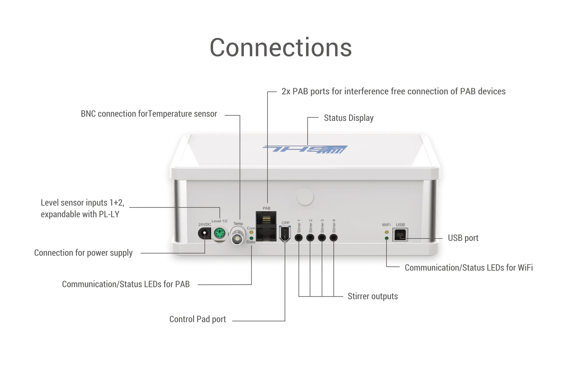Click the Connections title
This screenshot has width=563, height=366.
click(281, 48)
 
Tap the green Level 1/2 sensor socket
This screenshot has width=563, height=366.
click(219, 234)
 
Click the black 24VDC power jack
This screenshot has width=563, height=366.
click(204, 234)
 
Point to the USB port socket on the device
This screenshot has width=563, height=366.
click(400, 235)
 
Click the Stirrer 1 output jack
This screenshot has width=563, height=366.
click(299, 237)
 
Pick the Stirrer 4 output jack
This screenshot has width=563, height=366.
click(334, 237)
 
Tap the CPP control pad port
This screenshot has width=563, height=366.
click(285, 234)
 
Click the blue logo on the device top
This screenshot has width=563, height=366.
click(305, 149)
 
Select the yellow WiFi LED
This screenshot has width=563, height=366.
click(386, 232)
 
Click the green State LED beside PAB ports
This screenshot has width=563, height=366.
click(251, 238)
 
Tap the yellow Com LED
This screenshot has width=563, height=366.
click(251, 232)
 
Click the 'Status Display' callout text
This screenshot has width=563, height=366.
click(349, 118)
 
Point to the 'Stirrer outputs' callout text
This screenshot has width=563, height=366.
click(373, 296)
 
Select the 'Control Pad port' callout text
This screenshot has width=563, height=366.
click(198, 319)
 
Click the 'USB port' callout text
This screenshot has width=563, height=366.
click(463, 238)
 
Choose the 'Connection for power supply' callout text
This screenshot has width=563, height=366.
click(83, 253)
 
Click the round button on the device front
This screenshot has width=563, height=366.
click(305, 197)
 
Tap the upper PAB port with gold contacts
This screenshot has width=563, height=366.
click(266, 218)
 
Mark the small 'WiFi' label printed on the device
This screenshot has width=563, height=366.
click(386, 225)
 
